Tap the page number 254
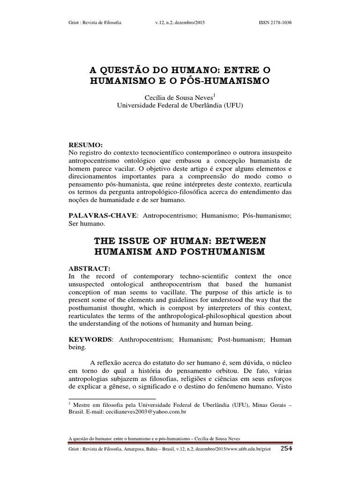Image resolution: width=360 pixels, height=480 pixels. (286, 462)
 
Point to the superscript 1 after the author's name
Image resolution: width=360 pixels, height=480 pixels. (214, 95)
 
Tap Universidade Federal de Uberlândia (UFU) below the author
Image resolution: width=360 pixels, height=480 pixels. (180, 105)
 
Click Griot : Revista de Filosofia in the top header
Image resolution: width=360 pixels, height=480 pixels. (95, 22)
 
